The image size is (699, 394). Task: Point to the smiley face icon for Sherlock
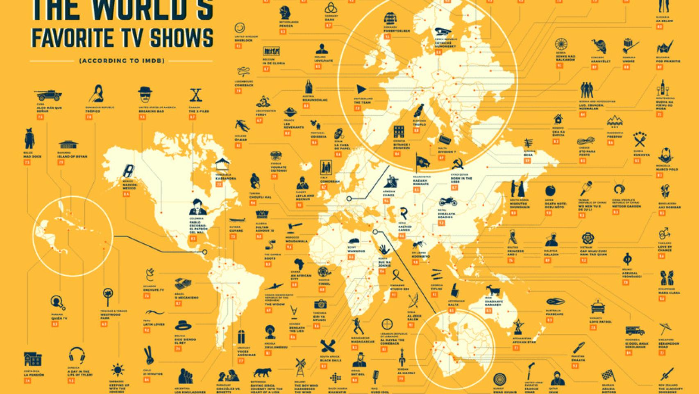pyautogui.click(x=241, y=28)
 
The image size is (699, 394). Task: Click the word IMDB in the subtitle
pyautogui.click(x=154, y=61)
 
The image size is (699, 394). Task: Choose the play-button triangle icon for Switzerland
pyautogui.click(x=361, y=89)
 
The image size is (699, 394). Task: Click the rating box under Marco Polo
pyautogui.click(x=660, y=175)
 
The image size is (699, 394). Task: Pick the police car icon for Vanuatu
pyautogui.click(x=598, y=307)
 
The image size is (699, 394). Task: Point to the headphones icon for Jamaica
pyautogui.click(x=76, y=355)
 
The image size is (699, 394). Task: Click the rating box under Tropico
pyautogui.click(x=89, y=117)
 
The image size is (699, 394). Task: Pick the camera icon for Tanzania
pyautogui.click(x=320, y=304)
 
